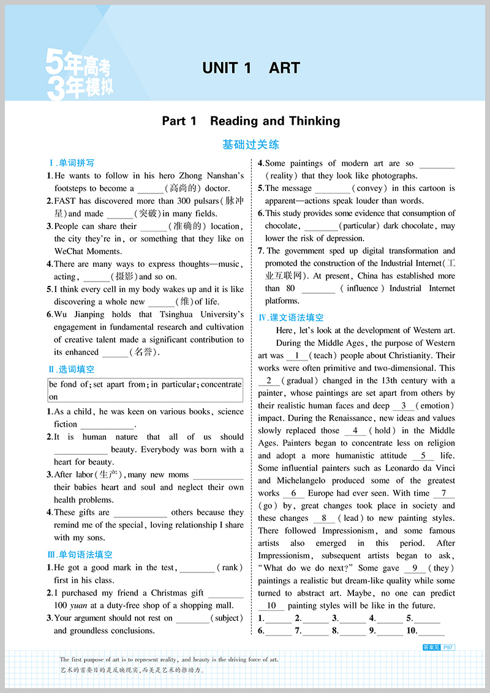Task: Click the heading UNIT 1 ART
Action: click(251, 68)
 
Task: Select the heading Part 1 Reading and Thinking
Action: click(251, 121)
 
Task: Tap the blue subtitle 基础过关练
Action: click(251, 145)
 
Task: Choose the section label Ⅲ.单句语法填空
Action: click(80, 555)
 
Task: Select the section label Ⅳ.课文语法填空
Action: click(291, 318)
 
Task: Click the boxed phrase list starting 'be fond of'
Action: click(145, 391)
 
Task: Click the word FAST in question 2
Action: click(64, 201)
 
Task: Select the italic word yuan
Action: click(78, 605)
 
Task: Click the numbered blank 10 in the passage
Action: click(272, 605)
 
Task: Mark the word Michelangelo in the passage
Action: click(302, 481)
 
